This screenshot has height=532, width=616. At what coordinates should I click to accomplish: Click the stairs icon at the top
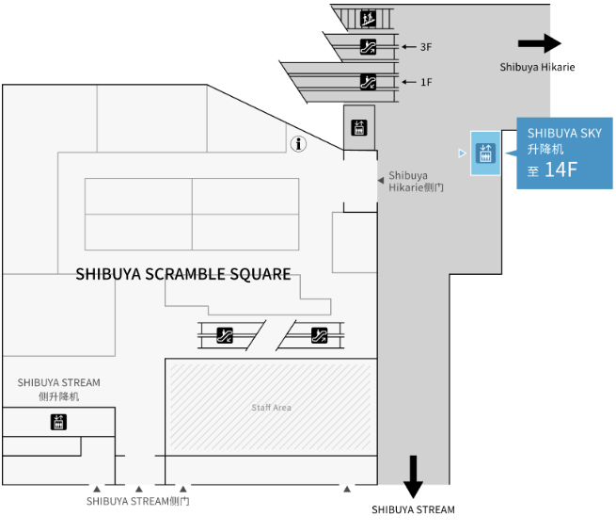tap(369, 18)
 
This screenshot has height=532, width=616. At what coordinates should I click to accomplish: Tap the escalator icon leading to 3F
tap(369, 47)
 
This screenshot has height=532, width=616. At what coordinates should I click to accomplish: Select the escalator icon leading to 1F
tap(369, 82)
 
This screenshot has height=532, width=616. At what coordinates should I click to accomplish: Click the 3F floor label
tap(426, 47)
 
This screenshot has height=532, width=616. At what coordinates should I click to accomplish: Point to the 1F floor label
tap(426, 83)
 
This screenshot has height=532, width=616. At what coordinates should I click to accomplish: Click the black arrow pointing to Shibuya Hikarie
tap(539, 42)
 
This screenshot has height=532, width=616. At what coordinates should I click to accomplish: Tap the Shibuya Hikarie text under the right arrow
tap(537, 67)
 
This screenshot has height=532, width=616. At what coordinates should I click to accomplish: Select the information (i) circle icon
tap(299, 144)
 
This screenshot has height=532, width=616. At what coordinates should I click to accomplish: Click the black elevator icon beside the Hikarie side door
tap(358, 128)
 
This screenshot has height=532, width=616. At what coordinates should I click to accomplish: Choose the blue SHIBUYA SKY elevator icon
tap(485, 153)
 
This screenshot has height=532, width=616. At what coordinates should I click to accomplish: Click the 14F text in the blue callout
tap(561, 170)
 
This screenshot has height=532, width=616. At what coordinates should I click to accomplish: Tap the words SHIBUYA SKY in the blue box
tap(564, 134)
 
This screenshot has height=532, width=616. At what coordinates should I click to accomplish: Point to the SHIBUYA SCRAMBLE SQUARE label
tap(182, 274)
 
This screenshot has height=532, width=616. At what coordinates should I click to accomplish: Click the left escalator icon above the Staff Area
tap(225, 333)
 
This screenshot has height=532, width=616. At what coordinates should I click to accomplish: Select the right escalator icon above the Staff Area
tap(320, 333)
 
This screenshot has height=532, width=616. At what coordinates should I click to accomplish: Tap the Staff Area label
tap(271, 408)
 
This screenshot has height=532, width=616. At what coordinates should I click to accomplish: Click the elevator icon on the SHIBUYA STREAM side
tap(58, 423)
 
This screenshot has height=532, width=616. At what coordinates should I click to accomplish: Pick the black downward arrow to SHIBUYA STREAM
tap(413, 476)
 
